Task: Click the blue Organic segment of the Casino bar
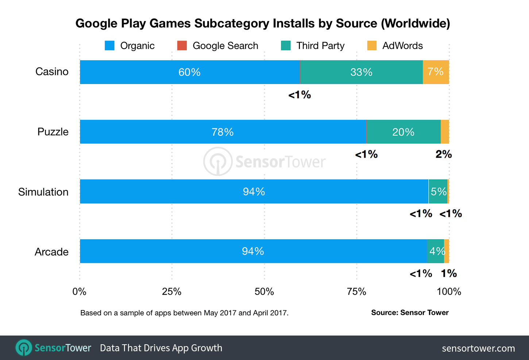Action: click(190, 72)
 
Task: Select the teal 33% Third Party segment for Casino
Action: click(361, 72)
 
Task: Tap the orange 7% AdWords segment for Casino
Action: click(436, 72)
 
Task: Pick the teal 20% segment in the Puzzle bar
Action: click(403, 132)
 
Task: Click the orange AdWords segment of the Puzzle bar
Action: click(445, 132)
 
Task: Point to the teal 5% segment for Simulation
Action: click(438, 192)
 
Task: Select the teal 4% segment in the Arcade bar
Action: click(436, 251)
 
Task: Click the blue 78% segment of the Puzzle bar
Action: click(223, 132)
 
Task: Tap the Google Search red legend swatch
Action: click(182, 46)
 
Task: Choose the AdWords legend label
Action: click(402, 46)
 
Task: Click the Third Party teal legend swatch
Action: click(286, 46)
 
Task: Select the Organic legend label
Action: click(137, 46)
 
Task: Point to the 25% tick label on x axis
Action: click(171, 291)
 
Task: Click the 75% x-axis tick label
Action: click(356, 291)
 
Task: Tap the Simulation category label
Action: click(43, 192)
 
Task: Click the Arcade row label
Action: click(51, 252)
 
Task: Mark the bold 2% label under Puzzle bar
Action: click(444, 154)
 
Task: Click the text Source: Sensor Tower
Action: click(410, 313)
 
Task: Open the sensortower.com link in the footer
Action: click(478, 348)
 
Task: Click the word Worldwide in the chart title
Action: click(415, 23)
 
